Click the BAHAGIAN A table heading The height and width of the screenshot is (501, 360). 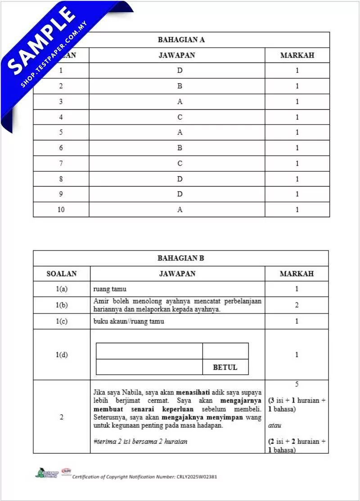pyautogui.click(x=181, y=40)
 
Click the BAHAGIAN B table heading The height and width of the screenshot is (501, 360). pyautogui.click(x=180, y=258)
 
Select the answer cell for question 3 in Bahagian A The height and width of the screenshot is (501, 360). pyautogui.click(x=180, y=102)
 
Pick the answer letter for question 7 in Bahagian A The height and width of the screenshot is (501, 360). pyautogui.click(x=180, y=163)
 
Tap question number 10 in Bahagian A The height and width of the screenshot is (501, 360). pyautogui.click(x=61, y=210)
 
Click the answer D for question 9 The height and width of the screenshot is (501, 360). pyautogui.click(x=180, y=194)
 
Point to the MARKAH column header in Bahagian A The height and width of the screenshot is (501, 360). pyautogui.click(x=297, y=55)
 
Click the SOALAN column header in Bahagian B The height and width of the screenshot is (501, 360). pyautogui.click(x=62, y=273)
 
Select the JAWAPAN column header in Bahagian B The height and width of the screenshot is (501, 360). pyautogui.click(x=177, y=273)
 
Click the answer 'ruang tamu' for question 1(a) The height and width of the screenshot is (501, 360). pyautogui.click(x=110, y=289)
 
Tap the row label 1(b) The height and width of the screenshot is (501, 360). pyautogui.click(x=62, y=305)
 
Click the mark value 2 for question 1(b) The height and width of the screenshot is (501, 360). pyautogui.click(x=297, y=305)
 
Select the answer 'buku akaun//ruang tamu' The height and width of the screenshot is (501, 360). pyautogui.click(x=129, y=321)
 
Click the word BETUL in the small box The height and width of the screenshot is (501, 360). pyautogui.click(x=225, y=367)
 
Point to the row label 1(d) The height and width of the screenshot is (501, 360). pyautogui.click(x=62, y=354)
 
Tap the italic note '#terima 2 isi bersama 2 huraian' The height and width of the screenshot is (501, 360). pyautogui.click(x=140, y=441)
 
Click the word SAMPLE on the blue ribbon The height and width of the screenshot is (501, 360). pyautogui.click(x=41, y=40)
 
